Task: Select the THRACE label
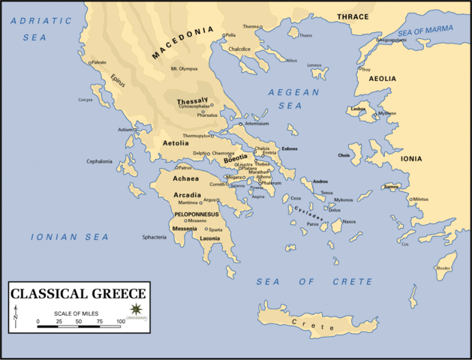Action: [353, 16]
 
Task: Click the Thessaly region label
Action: [192, 100]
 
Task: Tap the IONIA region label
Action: [432, 159]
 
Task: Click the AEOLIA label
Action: [382, 78]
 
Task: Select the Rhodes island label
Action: [443, 268]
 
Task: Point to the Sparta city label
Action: [215, 228]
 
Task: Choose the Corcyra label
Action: [86, 99]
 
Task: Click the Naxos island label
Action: [349, 221]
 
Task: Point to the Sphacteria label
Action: [154, 236]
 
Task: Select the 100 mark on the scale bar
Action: [120, 322]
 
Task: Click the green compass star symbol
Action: [136, 309]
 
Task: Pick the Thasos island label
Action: [305, 35]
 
